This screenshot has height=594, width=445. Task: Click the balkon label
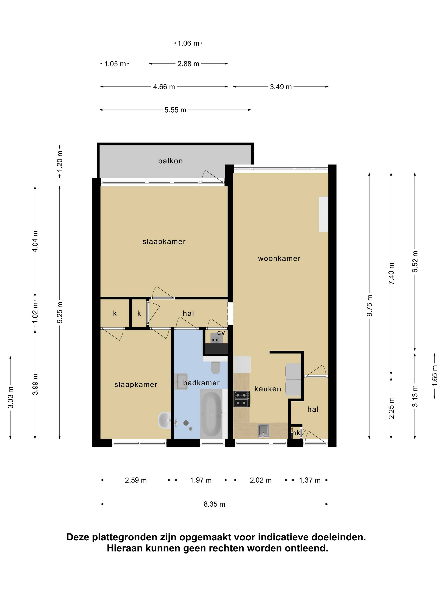pyautogui.click(x=170, y=161)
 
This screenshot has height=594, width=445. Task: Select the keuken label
pyautogui.click(x=268, y=389)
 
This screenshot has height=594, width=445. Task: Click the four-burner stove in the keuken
pyautogui.click(x=242, y=399)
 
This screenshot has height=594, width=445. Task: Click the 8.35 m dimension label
pyautogui.click(x=214, y=504)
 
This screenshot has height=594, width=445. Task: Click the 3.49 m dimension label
pyautogui.click(x=281, y=87)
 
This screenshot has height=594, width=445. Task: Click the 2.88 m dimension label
pyautogui.click(x=188, y=64)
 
